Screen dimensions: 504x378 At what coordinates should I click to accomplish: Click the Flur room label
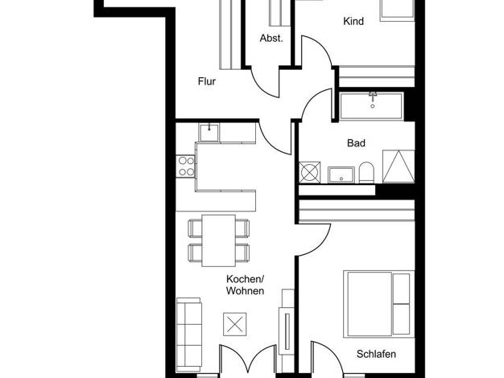(x=207, y=81)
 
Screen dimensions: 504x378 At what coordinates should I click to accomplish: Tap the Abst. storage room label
(x=271, y=39)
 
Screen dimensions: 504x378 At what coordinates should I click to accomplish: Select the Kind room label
(x=353, y=21)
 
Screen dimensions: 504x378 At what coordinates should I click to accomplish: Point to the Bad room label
(x=356, y=143)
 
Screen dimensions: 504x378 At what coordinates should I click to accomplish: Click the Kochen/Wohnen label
(x=246, y=285)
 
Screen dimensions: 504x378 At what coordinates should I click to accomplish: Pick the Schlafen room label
(x=376, y=354)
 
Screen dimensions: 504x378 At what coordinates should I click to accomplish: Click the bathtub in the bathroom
(x=372, y=105)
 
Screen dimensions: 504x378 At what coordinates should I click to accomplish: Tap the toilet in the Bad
(x=366, y=172)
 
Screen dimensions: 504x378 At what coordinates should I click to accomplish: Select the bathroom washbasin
(x=341, y=175)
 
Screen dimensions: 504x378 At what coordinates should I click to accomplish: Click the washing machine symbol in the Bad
(x=309, y=172)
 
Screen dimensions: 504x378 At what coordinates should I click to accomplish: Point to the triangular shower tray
(x=399, y=166)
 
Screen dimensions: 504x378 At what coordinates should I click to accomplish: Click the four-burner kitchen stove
(x=186, y=166)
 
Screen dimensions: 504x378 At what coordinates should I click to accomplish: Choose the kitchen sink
(x=209, y=133)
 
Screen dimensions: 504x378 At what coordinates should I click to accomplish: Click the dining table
(x=218, y=240)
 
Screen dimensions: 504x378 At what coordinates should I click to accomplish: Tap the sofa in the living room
(x=189, y=334)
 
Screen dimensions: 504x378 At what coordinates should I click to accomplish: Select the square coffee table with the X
(x=235, y=324)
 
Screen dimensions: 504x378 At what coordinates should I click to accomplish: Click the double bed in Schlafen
(x=378, y=304)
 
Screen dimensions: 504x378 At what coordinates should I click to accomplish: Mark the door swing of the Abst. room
(x=265, y=82)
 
